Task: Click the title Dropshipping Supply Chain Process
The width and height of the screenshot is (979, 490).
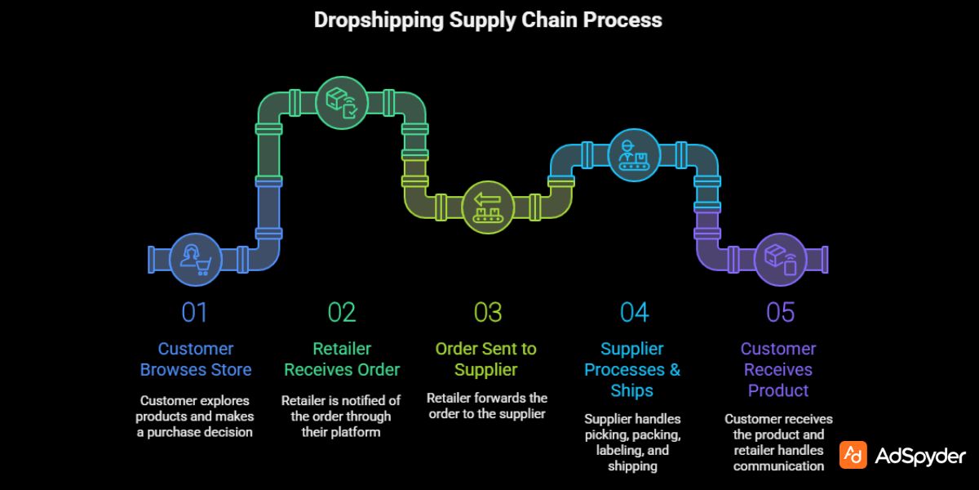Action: [488, 20]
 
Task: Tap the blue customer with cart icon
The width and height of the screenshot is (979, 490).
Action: [196, 260]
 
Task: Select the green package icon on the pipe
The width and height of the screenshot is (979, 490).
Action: [341, 104]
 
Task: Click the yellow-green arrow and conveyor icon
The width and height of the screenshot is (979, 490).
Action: [487, 207]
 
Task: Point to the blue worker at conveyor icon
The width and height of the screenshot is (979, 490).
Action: [633, 156]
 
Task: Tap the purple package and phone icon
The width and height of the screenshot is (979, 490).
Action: [779, 260]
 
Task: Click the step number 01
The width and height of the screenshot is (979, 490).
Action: [195, 313]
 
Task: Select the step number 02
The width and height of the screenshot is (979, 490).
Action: [342, 313]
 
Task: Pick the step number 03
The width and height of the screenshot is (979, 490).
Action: [487, 313]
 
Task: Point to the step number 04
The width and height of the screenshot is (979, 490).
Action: [634, 313]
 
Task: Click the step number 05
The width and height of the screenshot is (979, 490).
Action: [780, 313]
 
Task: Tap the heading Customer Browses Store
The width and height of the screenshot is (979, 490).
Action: [196, 359]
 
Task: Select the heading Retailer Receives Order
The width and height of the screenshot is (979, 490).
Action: [342, 359]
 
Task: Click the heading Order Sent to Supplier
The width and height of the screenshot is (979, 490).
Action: [486, 359]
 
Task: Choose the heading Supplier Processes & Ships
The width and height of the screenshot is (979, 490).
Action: [632, 370]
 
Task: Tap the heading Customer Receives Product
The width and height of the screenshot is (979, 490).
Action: [778, 370]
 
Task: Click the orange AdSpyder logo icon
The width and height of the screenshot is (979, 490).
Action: [853, 456]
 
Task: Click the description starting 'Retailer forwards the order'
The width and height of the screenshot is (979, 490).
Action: [487, 406]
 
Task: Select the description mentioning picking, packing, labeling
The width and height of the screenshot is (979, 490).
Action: [632, 442]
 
